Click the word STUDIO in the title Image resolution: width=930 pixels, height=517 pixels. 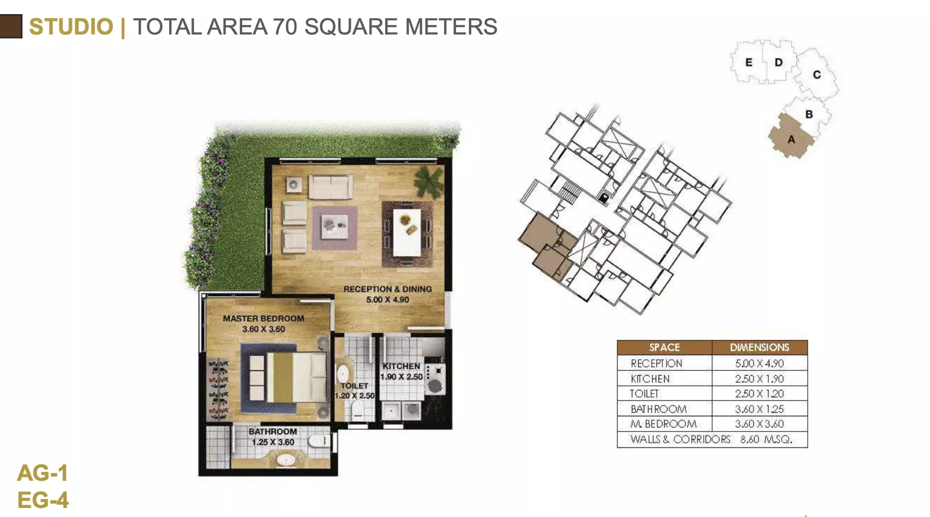(71, 27)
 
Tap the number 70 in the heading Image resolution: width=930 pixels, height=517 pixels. (285, 27)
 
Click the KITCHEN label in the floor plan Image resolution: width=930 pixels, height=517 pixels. (401, 367)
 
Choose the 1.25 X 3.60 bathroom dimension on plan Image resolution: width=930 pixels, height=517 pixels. (273, 442)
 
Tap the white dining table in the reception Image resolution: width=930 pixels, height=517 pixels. (407, 233)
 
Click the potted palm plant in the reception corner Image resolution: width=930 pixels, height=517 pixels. (429, 182)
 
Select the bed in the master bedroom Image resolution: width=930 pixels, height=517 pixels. (288, 377)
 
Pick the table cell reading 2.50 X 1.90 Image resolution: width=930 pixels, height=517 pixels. (759, 379)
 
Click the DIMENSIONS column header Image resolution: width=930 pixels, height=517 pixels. (759, 347)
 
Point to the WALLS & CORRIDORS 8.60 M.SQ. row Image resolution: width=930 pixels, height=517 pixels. (712, 440)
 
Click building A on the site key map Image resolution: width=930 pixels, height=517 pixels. (790, 136)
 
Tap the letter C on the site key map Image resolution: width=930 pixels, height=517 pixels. (817, 75)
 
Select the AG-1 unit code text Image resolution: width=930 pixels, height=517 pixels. (42, 473)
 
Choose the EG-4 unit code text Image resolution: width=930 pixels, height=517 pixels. (43, 500)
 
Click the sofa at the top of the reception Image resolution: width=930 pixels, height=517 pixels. (330, 187)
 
